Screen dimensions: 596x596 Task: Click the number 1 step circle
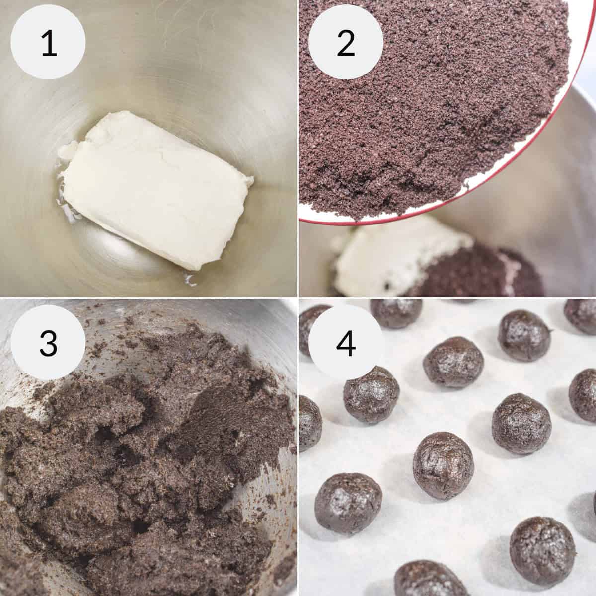point(48,43)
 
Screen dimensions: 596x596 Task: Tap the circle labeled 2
point(346,43)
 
